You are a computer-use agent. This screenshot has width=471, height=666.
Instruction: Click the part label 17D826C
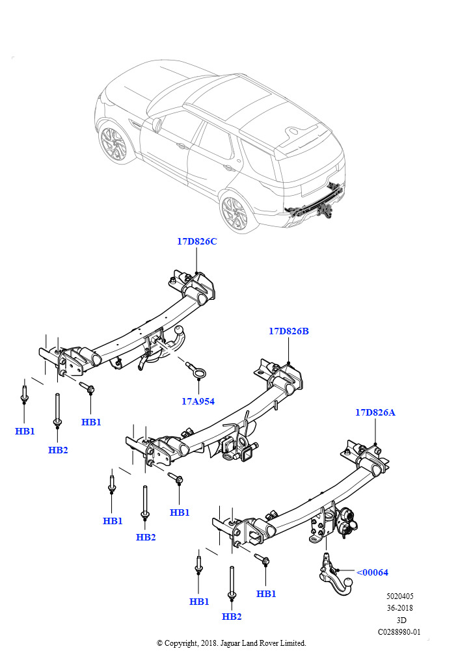pyautogui.click(x=196, y=241)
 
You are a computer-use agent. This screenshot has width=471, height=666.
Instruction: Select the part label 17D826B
pyautogui.click(x=288, y=331)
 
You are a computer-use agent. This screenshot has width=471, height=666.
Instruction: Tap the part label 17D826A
pyautogui.click(x=375, y=412)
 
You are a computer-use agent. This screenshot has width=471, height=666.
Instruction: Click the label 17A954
pyautogui.click(x=198, y=401)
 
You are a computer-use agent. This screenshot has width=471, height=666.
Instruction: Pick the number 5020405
pyautogui.click(x=399, y=596)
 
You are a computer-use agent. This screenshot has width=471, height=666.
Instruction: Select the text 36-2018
pyautogui.click(x=399, y=608)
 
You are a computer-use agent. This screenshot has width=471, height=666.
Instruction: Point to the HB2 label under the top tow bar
pyautogui.click(x=58, y=450)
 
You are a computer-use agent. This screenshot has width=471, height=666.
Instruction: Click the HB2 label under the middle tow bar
pyautogui.click(x=146, y=537)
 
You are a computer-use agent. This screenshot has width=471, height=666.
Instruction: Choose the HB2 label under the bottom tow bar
pyautogui.click(x=232, y=617)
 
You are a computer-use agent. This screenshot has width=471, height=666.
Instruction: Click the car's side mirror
pyautogui.click(x=157, y=124)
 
